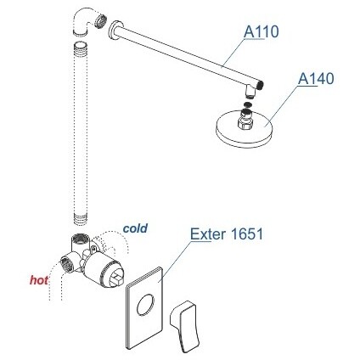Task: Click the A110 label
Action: pos(262,31)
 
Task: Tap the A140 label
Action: pos(316,78)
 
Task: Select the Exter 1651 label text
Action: pos(227,234)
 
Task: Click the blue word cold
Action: pos(135,228)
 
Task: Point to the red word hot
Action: pos(39,280)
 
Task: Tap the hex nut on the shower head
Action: pos(246,124)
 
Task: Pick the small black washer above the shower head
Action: pos(247,104)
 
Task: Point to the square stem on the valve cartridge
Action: pos(116,278)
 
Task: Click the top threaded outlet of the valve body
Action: pos(81,238)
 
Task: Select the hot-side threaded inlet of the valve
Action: pos(66,262)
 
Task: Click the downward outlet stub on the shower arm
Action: pos(250,91)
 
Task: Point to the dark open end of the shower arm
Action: pos(260,84)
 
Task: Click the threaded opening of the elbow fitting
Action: pos(100,20)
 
